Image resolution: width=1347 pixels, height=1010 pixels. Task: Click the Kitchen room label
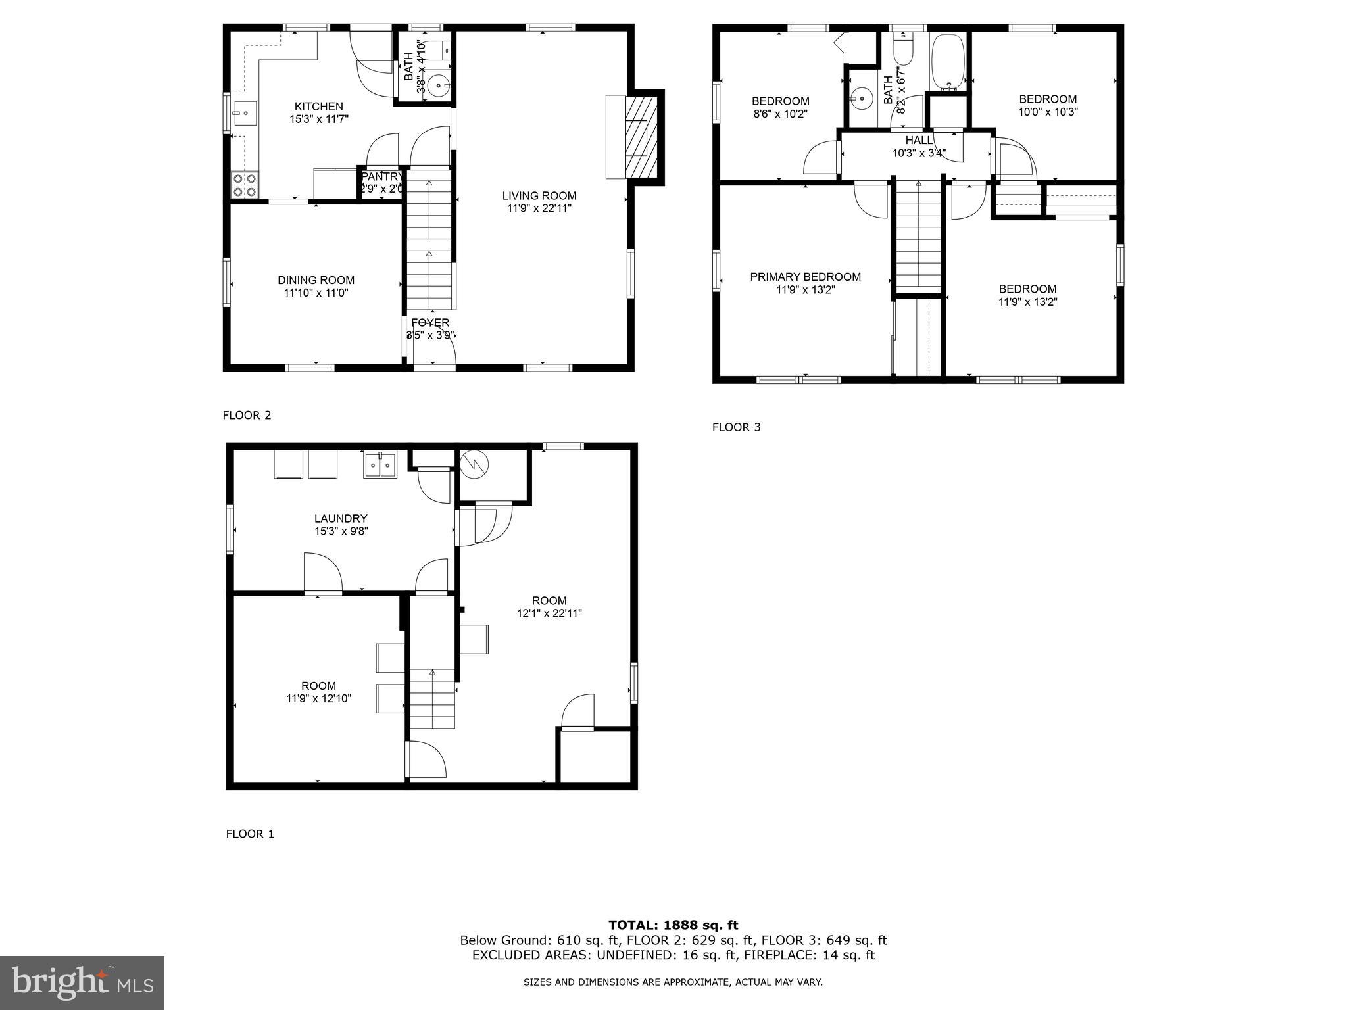click(318, 107)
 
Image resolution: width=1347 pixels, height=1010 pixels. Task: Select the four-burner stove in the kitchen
click(245, 185)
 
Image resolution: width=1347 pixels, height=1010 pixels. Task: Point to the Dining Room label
click(316, 281)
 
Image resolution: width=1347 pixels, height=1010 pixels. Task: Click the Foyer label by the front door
click(430, 323)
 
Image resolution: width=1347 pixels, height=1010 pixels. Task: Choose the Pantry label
click(381, 176)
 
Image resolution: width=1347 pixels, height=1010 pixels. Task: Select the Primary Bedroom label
click(805, 277)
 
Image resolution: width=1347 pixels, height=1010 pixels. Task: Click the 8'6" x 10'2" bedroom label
click(780, 113)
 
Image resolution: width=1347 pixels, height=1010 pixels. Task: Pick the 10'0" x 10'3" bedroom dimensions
click(1048, 112)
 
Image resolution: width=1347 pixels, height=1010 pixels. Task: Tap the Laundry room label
click(340, 519)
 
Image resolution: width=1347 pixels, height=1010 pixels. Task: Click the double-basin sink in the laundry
click(380, 466)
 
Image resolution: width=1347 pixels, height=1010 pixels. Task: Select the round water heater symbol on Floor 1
click(474, 464)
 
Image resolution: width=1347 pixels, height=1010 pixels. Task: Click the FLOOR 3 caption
click(736, 427)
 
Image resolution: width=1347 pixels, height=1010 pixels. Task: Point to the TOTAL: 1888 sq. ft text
click(673, 925)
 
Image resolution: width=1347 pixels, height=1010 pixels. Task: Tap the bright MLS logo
click(82, 982)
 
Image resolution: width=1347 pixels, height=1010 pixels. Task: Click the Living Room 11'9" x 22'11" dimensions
click(539, 208)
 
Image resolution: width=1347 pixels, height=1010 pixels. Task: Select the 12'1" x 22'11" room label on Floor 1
click(549, 613)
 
